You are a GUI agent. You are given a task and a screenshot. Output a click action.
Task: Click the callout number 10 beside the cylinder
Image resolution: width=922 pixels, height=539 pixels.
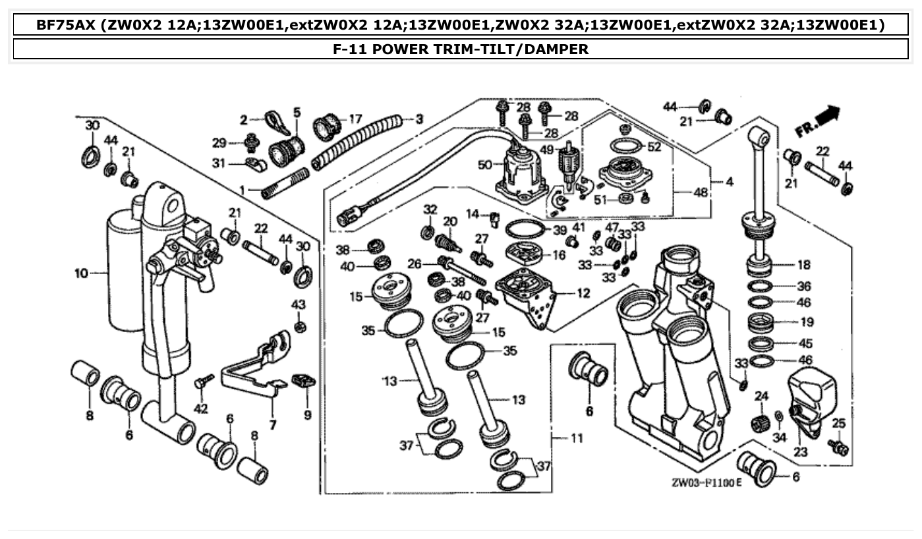tap(81, 272)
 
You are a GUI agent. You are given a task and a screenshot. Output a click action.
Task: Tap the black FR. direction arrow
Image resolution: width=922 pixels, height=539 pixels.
tap(828, 115)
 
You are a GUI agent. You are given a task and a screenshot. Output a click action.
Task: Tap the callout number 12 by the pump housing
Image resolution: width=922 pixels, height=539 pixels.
tap(583, 293)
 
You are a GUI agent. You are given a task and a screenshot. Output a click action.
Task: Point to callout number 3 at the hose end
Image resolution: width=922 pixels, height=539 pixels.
tap(419, 119)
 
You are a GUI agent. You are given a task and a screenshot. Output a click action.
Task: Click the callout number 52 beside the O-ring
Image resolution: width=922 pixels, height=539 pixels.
tap(654, 147)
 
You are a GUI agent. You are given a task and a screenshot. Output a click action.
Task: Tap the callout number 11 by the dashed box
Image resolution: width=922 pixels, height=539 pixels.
tap(577, 438)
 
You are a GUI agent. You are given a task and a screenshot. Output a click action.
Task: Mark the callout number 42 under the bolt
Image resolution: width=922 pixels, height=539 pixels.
tap(200, 409)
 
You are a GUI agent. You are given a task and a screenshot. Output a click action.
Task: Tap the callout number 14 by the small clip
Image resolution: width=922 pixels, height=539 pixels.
tap(473, 213)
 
